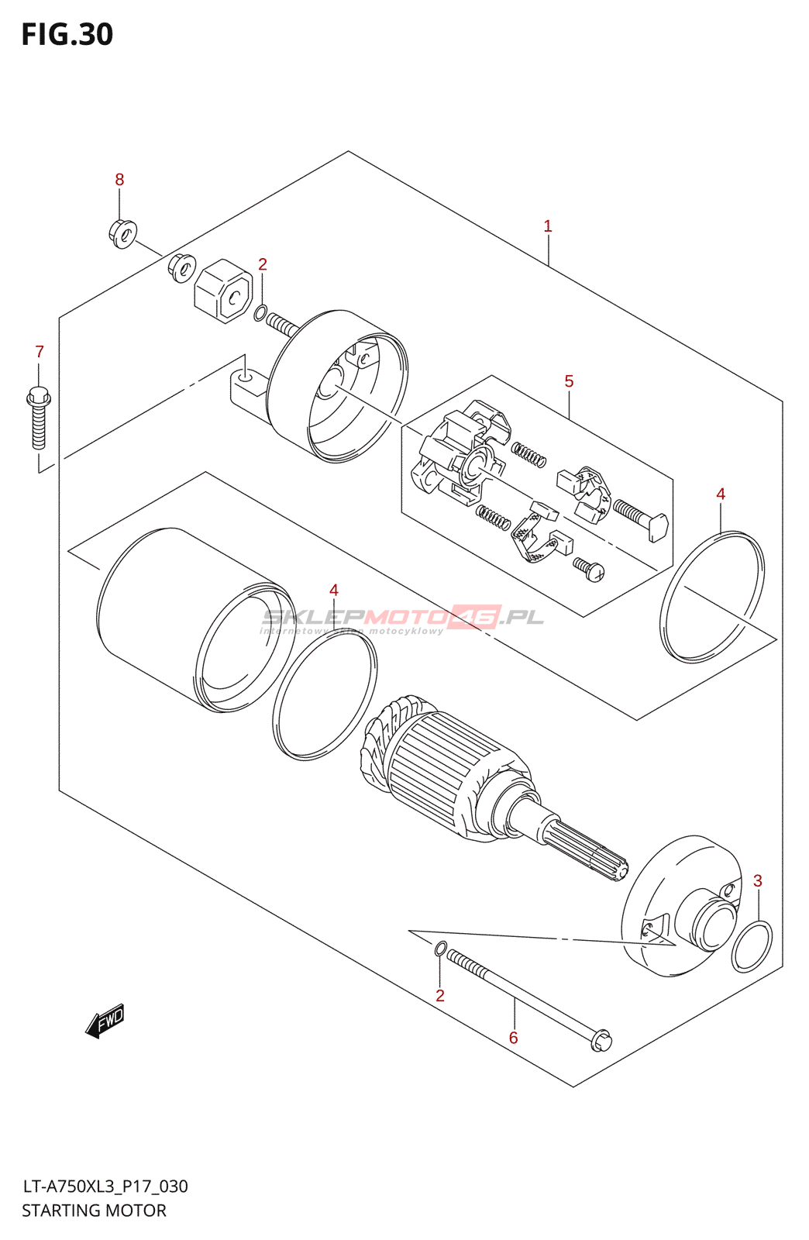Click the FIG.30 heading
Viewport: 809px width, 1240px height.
click(67, 35)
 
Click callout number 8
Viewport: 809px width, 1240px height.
click(119, 180)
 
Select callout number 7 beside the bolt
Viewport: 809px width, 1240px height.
click(40, 352)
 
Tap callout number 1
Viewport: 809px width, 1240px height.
click(548, 226)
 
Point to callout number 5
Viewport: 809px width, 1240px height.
click(569, 381)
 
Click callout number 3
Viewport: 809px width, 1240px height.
click(758, 881)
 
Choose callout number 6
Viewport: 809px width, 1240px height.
click(513, 1038)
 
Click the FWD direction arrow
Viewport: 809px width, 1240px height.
click(105, 1022)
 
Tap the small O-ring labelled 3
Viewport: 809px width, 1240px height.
click(752, 946)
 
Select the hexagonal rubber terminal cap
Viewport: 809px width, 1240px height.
click(223, 291)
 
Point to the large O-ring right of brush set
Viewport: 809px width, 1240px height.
click(712, 597)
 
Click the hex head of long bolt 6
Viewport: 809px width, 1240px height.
click(601, 1040)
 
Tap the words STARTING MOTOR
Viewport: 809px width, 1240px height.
click(94, 1211)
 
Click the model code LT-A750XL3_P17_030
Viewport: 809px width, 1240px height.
click(105, 1187)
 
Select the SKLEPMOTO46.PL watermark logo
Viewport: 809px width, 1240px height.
click(403, 618)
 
